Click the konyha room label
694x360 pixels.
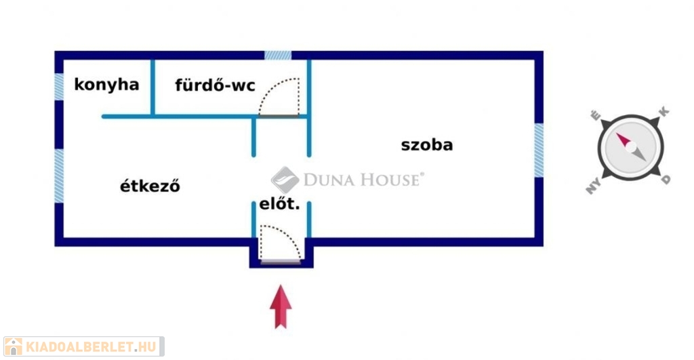coord(106,85)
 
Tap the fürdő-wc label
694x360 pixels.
coord(215,85)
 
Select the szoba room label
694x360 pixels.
coord(427,144)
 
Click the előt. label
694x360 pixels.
coord(279,203)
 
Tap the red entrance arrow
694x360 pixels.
coord(281,307)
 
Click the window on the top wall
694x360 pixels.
coord(278,55)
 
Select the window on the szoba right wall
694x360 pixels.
coord(539,151)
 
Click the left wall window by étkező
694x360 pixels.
coord(59,175)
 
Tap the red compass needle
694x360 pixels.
coord(624,141)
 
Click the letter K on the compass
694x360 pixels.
coord(664,111)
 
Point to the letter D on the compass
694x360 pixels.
coord(666,180)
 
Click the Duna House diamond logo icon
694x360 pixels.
coord(285,180)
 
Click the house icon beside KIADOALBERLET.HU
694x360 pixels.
coord(13,346)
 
